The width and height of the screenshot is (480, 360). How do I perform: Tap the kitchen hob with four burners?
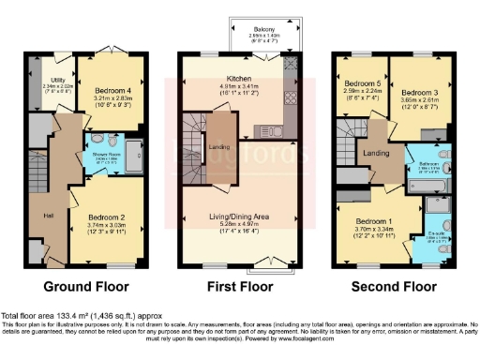click(x=291, y=97)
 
